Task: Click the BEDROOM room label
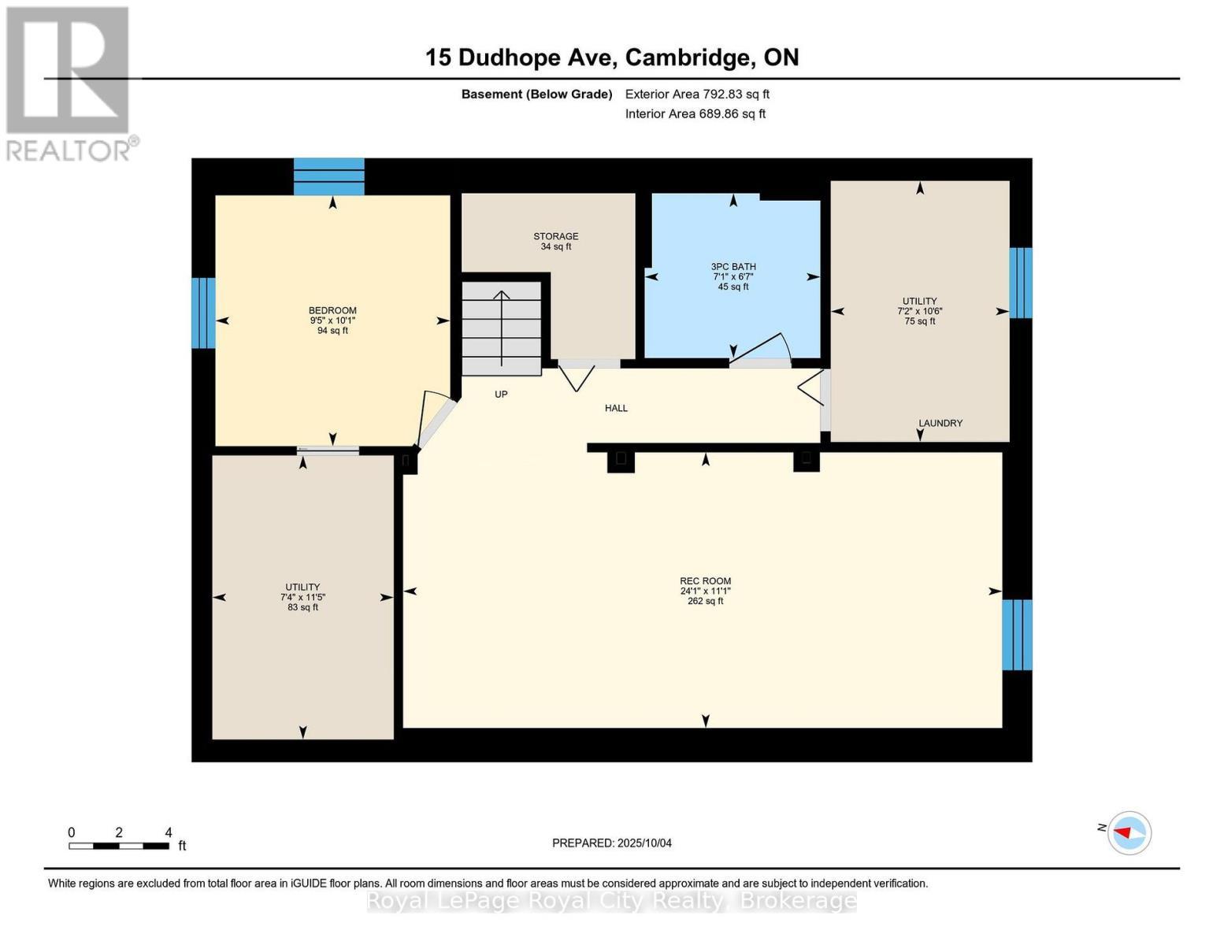pyautogui.click(x=332, y=310)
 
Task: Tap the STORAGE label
pyautogui.click(x=556, y=236)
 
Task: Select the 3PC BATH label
pyautogui.click(x=733, y=267)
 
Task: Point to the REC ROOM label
pyautogui.click(x=706, y=581)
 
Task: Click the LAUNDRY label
pyautogui.click(x=940, y=423)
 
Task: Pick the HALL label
pyautogui.click(x=616, y=408)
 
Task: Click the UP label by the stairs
pyautogui.click(x=501, y=394)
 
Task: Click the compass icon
pyautogui.click(x=1129, y=832)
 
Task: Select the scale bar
pyautogui.click(x=119, y=846)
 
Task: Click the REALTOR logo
pyautogui.click(x=69, y=83)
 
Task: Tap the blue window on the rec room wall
pyautogui.click(x=1017, y=635)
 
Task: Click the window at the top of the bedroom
pyautogui.click(x=329, y=176)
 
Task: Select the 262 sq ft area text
pyautogui.click(x=706, y=601)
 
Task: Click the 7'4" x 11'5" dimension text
pyautogui.click(x=302, y=597)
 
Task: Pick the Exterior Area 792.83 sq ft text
pyautogui.click(x=697, y=94)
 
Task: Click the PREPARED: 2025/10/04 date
pyautogui.click(x=612, y=843)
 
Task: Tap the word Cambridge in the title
pyautogui.click(x=688, y=57)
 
